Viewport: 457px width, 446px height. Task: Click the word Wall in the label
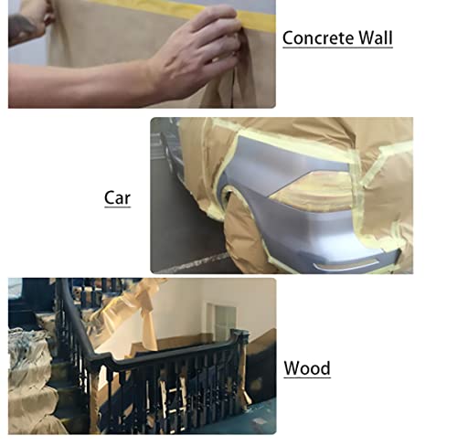[375, 38]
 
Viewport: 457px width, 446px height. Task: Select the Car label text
[117, 196]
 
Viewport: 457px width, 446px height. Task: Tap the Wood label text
[307, 369]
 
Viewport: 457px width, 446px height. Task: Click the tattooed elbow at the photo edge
[20, 27]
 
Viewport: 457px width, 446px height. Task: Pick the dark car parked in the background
[167, 146]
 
